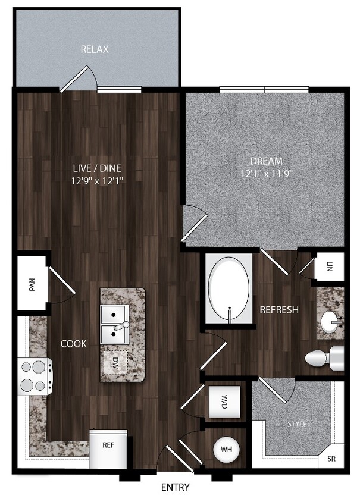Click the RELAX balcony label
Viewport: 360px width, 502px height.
(x=95, y=49)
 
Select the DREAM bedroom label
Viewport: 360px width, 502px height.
(x=265, y=161)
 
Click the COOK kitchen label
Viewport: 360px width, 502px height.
(x=74, y=344)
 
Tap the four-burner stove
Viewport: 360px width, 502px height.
(x=35, y=376)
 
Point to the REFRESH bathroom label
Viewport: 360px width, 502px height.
(x=278, y=310)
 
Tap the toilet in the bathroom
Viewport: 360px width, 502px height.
(x=323, y=358)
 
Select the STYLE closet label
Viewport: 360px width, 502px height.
(x=297, y=424)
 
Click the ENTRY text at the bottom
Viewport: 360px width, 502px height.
(x=176, y=488)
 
